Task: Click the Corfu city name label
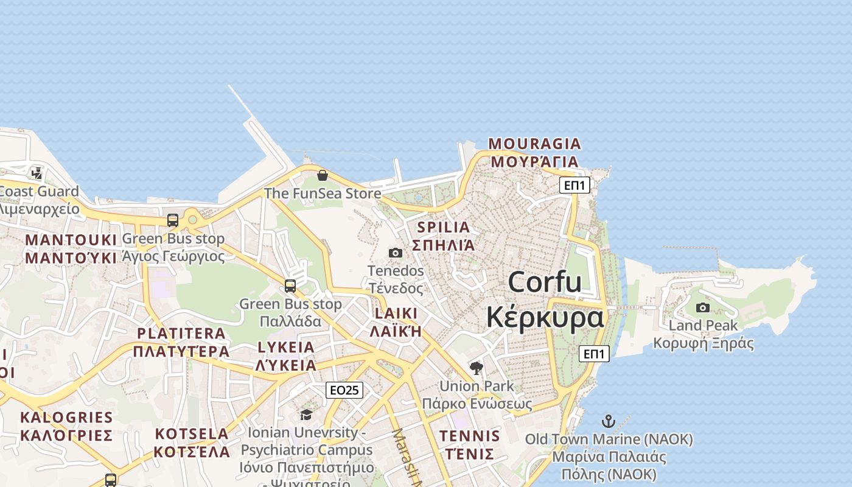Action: coord(545,300)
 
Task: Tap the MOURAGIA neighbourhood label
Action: coord(535,153)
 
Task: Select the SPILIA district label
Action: coord(443,236)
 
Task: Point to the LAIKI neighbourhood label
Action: coord(396,322)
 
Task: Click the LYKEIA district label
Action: coord(286,356)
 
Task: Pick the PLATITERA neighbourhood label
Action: coord(181,342)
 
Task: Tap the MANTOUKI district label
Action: coord(71,248)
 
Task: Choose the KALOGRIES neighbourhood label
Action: coord(66,426)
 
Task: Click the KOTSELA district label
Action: coord(192,443)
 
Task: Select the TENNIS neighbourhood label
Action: coord(470,445)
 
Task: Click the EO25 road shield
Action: coord(344,390)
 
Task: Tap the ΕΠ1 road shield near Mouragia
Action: coord(574,185)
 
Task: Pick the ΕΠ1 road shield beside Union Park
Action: coord(594,354)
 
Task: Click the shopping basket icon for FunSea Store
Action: coord(323,175)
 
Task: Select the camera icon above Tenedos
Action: coord(396,253)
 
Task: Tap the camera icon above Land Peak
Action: coord(703,307)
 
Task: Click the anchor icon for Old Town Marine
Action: coord(608,421)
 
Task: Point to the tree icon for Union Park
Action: coord(477,368)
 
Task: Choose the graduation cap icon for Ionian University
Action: coord(306,415)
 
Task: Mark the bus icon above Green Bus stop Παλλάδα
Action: coord(290,286)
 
